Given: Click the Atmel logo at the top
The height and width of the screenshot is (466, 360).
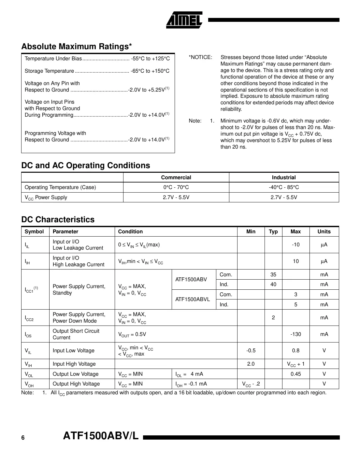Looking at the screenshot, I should click(184, 20).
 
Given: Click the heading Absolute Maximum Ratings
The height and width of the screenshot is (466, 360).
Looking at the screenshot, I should click(77, 47).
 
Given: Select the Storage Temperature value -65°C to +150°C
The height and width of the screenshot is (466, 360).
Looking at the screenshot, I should click(150, 71).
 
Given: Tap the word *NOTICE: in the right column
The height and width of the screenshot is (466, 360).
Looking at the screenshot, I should click(200, 57).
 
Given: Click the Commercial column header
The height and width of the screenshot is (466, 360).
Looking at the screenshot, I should click(176, 178).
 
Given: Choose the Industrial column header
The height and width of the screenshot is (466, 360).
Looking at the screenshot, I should click(284, 178).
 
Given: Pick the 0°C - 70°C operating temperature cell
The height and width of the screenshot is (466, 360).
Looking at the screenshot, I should click(176, 187).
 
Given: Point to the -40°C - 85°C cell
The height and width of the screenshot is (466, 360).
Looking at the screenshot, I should click(284, 187).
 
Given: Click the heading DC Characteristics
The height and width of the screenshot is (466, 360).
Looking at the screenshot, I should click(58, 220).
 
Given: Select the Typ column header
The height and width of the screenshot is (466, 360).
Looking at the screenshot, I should click(273, 232).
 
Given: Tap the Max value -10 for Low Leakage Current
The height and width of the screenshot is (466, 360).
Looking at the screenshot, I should click(295, 245).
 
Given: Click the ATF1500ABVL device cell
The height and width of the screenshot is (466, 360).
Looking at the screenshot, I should click(193, 299).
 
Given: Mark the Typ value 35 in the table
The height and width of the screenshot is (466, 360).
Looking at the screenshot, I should click(273, 275).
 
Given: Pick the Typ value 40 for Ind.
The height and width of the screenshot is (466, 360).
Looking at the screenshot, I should click(273, 284).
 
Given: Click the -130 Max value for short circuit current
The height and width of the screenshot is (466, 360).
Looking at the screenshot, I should click(295, 334).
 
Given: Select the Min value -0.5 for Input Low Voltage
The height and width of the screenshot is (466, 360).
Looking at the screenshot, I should click(251, 351).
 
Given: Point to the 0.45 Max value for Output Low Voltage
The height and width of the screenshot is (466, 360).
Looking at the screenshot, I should click(295, 374).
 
